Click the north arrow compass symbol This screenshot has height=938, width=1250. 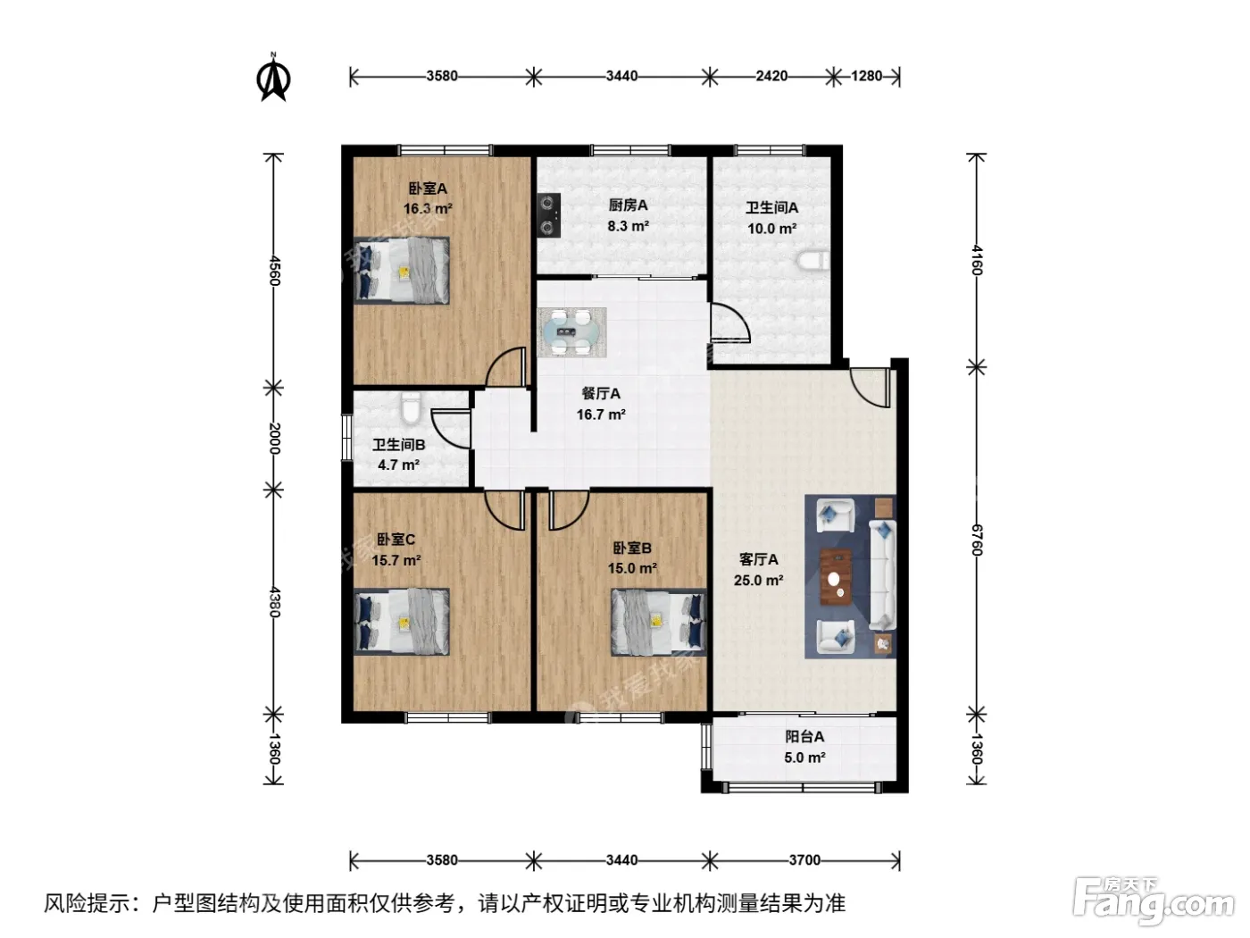[x=274, y=77]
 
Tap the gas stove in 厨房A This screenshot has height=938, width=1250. [x=548, y=215]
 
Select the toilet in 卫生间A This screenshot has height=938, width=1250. [x=813, y=261]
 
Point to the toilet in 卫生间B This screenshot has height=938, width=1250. [x=410, y=407]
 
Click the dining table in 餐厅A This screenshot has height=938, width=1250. [x=572, y=332]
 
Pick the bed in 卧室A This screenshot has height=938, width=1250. [x=402, y=271]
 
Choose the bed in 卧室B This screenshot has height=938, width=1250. [x=659, y=623]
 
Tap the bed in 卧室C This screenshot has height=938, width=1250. [x=402, y=622]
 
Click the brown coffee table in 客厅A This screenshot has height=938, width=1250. [x=836, y=577]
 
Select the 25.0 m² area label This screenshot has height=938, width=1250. [x=758, y=581]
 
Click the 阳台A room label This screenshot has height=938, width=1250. [x=804, y=736]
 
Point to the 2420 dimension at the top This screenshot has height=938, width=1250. [x=771, y=76]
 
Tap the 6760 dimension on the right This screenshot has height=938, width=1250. [x=977, y=540]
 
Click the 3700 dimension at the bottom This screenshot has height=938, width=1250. [x=804, y=860]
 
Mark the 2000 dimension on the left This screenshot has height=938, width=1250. [x=274, y=438]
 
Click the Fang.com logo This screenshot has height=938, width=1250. [x=1154, y=902]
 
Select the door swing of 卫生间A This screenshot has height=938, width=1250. [x=730, y=322]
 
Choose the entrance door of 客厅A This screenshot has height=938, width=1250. [x=871, y=388]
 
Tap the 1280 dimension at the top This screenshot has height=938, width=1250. [x=866, y=76]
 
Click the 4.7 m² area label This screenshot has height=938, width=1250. [x=398, y=465]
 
